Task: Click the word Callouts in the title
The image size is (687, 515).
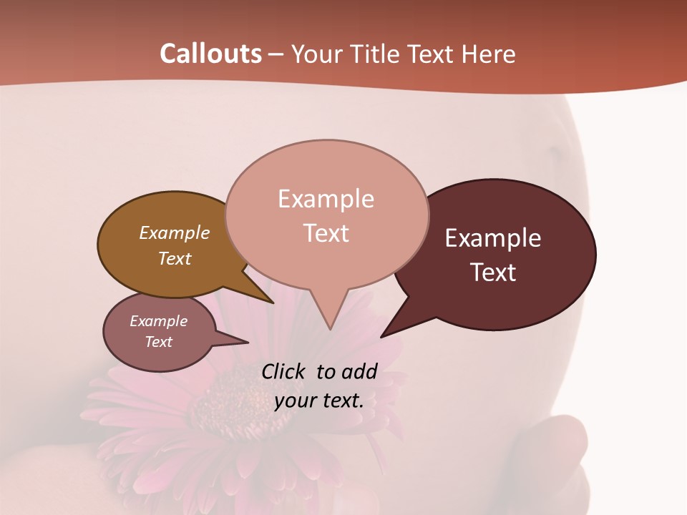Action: (x=210, y=54)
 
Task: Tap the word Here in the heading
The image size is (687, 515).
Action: (x=486, y=54)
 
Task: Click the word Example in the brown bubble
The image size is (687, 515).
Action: (x=174, y=232)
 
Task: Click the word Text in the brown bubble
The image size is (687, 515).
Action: (x=174, y=258)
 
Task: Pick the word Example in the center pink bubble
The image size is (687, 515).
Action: (x=326, y=199)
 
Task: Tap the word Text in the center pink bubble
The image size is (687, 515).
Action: (x=326, y=232)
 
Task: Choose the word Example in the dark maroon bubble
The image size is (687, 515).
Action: (x=492, y=238)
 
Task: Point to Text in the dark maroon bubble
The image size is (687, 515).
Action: (x=493, y=272)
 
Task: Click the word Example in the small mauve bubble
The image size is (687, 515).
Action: (x=158, y=321)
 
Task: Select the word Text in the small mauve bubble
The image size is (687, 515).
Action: (x=158, y=342)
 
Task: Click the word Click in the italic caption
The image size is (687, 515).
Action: (x=285, y=371)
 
